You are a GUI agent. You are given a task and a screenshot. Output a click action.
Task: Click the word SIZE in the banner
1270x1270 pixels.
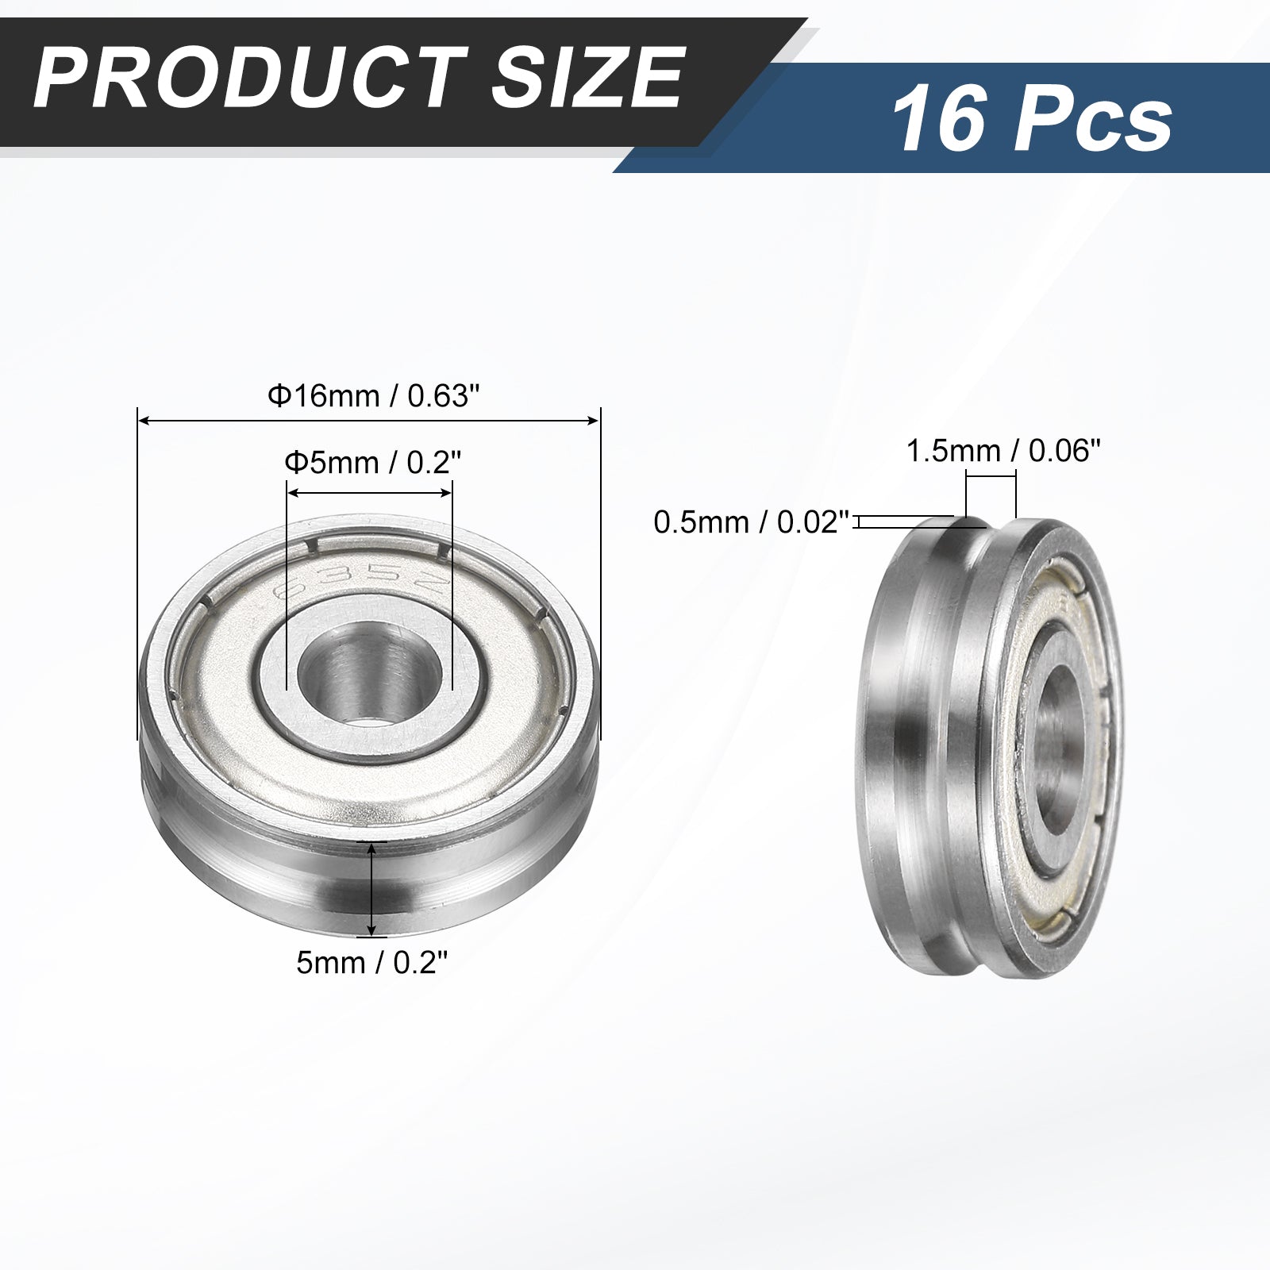(x=586, y=79)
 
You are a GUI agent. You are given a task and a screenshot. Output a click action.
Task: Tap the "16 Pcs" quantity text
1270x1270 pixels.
(x=1032, y=121)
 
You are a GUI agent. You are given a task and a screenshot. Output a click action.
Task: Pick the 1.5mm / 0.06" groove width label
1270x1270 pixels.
(x=1004, y=451)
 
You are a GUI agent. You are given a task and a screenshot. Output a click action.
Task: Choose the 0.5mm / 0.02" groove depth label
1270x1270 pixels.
(x=751, y=521)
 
